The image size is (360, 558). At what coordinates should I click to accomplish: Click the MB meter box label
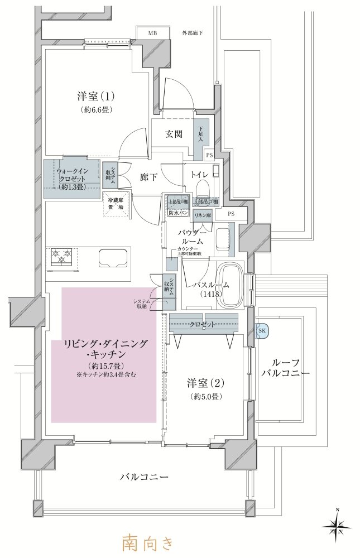coord(152,33)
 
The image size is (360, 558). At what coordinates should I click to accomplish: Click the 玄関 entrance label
coord(173,134)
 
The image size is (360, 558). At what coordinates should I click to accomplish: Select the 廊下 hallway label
coord(148,177)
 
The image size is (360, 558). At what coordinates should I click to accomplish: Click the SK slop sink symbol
coord(262,330)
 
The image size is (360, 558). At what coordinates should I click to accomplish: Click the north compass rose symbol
coord(336,524)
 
